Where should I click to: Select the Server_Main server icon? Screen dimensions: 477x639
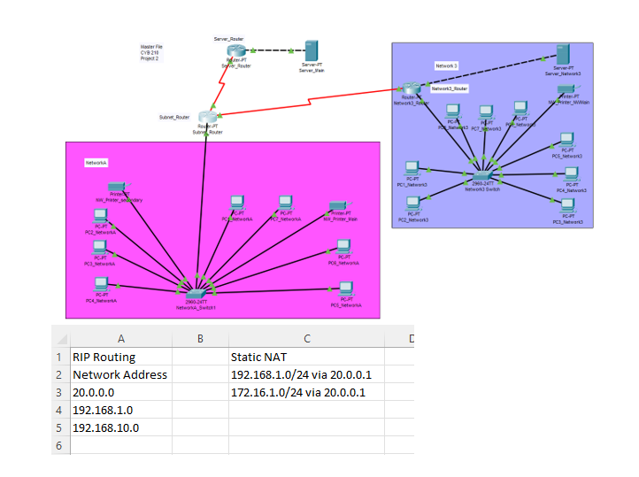click(312, 50)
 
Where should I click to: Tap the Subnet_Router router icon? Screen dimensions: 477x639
click(207, 119)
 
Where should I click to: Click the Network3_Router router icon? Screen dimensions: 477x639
click(410, 89)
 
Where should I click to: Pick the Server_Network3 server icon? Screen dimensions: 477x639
click(562, 54)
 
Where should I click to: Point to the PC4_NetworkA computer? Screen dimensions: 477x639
click(101, 286)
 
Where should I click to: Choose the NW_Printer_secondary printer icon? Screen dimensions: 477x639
click(115, 188)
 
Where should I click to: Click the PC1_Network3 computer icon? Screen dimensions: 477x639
click(412, 169)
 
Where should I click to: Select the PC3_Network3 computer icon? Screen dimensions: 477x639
click(567, 208)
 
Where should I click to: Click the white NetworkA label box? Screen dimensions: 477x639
click(96, 163)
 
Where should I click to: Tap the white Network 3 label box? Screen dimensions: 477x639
click(447, 66)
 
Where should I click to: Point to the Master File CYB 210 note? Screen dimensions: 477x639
click(151, 52)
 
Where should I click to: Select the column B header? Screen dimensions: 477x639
click(201, 338)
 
